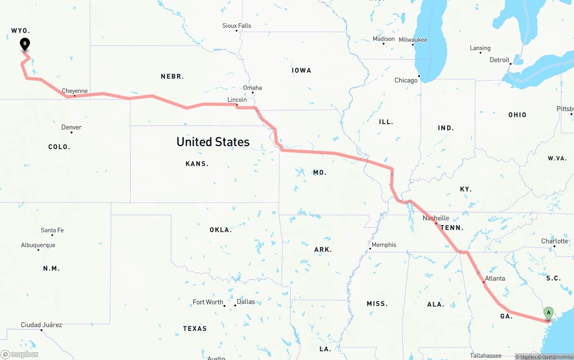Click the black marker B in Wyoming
click(x=25, y=44)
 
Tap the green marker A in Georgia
click(x=548, y=313)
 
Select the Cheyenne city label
click(x=74, y=91)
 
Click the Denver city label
click(x=71, y=127)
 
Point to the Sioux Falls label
click(x=237, y=26)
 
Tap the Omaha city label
click(x=252, y=88)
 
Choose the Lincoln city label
click(x=237, y=100)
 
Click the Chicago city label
click(x=406, y=80)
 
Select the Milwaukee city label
click(x=413, y=40)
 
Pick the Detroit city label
click(x=499, y=60)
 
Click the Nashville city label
click(x=435, y=218)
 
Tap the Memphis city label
click(x=384, y=245)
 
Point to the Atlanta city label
click(x=495, y=278)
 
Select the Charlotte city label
click(x=555, y=241)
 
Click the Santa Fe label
click(x=52, y=230)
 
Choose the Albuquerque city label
click(x=38, y=245)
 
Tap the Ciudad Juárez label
click(x=41, y=325)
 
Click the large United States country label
click(x=213, y=142)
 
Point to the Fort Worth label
click(x=208, y=302)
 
